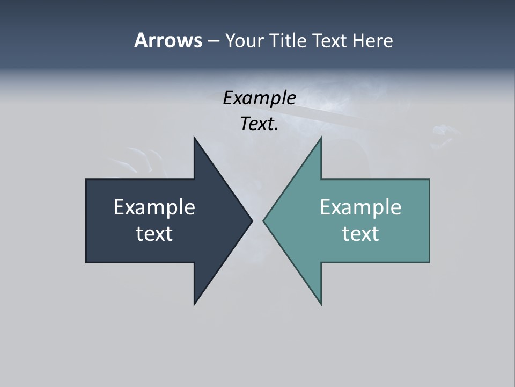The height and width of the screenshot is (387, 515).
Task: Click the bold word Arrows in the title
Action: coord(168,40)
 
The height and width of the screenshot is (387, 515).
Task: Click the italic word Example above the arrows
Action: coord(259,98)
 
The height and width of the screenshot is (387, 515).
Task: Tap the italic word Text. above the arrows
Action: coord(259,124)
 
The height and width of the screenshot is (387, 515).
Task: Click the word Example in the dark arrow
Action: coord(154,207)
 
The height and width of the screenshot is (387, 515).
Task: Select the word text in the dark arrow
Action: coord(154,234)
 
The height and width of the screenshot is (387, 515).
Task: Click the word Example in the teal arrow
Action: coord(360,207)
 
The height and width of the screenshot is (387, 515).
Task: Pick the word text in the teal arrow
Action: coord(360,234)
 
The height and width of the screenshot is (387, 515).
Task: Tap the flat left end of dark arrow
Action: coord(87,221)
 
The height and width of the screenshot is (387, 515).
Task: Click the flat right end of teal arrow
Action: coord(429,221)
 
